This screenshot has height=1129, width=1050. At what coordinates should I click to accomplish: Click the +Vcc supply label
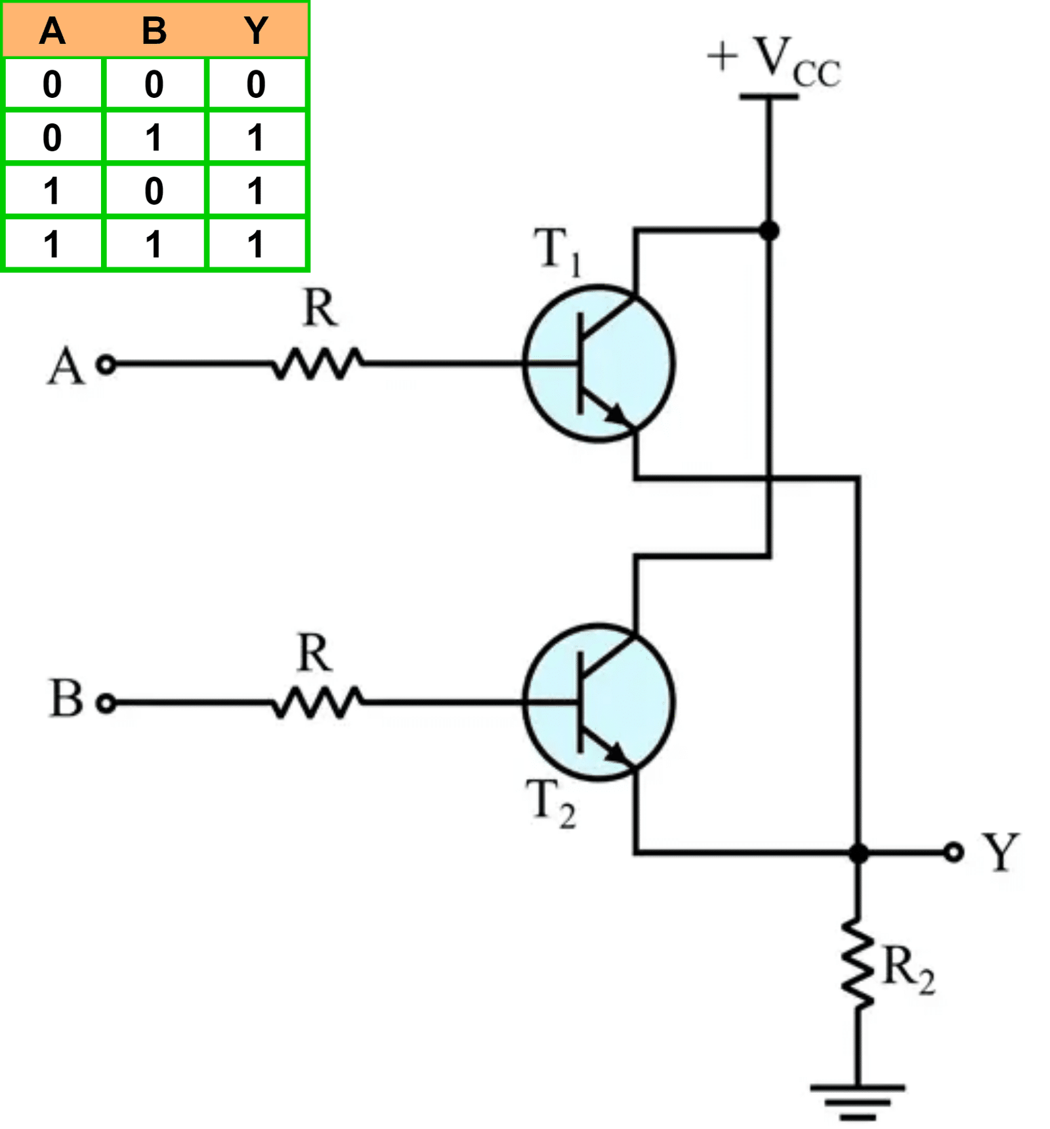[774, 62]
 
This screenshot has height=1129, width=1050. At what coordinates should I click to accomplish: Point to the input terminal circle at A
[106, 364]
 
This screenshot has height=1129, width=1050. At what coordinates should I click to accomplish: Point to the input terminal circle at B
[106, 703]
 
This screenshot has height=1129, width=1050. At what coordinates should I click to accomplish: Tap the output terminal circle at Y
[954, 852]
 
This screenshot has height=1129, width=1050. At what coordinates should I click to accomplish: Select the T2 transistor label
[551, 803]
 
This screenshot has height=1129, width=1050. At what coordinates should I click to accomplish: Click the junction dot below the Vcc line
[768, 231]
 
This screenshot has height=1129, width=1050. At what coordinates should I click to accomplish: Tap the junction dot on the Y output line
[858, 853]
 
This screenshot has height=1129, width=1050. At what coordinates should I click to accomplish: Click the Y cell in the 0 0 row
[256, 84]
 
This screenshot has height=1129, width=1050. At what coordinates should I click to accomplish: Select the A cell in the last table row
[52, 244]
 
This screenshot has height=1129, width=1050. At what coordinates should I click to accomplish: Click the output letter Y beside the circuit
[1000, 852]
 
